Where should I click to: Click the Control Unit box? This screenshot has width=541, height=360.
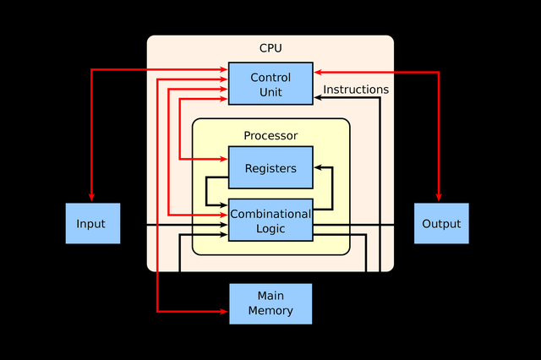click(270, 84)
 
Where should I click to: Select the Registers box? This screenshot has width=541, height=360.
click(270, 167)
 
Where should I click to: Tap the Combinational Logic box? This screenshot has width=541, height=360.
click(270, 220)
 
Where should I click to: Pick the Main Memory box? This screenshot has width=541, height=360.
click(270, 303)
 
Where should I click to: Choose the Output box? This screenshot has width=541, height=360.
click(441, 223)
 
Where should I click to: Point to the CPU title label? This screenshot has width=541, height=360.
click(270, 47)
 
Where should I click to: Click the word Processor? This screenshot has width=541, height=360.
click(270, 135)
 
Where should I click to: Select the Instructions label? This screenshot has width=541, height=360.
click(356, 89)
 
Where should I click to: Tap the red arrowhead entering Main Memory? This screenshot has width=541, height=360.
click(224, 311)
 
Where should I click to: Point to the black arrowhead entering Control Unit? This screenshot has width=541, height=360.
click(318, 98)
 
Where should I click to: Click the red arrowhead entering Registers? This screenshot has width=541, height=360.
click(224, 158)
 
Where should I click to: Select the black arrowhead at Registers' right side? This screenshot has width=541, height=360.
click(318, 167)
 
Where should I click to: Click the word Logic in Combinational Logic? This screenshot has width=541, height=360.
click(270, 228)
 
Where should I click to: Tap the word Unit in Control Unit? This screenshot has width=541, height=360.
click(270, 91)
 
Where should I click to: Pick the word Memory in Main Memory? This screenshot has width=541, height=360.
click(270, 311)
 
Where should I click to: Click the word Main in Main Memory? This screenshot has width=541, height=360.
click(270, 296)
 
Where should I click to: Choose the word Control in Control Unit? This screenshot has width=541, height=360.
click(270, 77)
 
